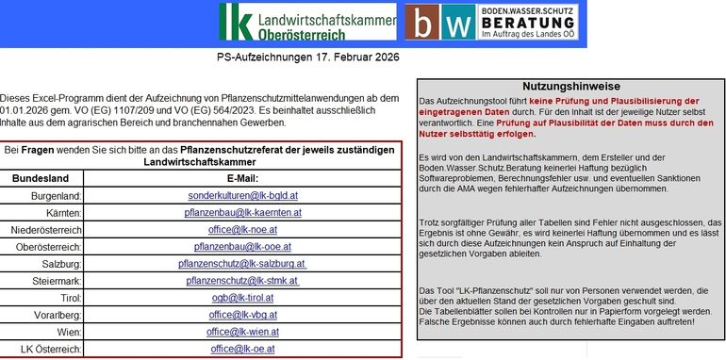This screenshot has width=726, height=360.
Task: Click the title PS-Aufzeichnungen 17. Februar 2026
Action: pyautogui.click(x=307, y=57)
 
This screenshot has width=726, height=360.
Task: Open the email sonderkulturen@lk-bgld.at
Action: pyautogui.click(x=243, y=196)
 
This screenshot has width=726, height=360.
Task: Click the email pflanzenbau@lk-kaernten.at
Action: pyautogui.click(x=243, y=213)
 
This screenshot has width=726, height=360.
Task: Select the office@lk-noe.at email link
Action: pyautogui.click(x=243, y=230)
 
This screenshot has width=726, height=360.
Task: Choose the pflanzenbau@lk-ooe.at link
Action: pyautogui.click(x=243, y=247)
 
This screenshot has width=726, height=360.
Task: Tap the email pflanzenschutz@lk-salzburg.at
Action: pyautogui.click(x=243, y=264)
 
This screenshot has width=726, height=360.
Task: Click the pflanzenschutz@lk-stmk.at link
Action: pyautogui.click(x=242, y=281)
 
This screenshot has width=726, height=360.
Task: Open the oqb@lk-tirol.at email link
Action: pyautogui.click(x=243, y=298)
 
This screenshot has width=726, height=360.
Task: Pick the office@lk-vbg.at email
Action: pyautogui.click(x=243, y=315)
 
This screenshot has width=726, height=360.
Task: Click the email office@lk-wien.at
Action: pyautogui.click(x=243, y=332)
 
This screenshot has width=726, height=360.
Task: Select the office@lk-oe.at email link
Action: pyautogui.click(x=243, y=349)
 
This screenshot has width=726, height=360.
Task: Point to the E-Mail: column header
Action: pyautogui.click(x=243, y=178)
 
